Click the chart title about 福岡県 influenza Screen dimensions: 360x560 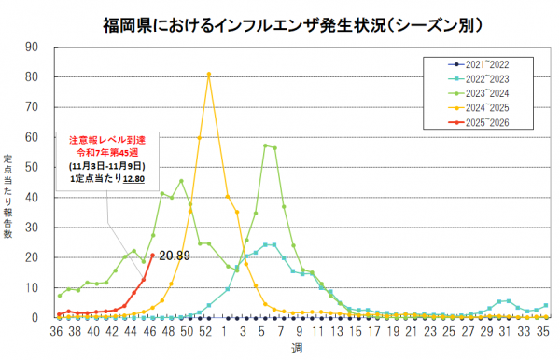pos(280,21)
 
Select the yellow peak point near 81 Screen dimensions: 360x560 pos(209,74)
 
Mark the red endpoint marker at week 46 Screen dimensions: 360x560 pos(152,255)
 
